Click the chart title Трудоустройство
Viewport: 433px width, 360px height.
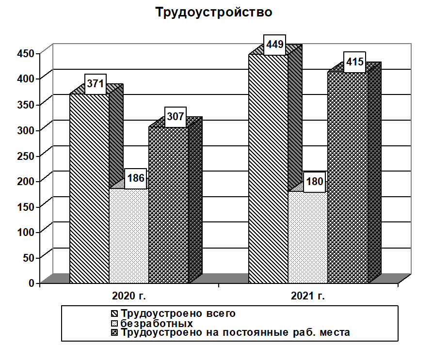click(214, 13)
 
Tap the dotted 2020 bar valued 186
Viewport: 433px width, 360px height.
click(128, 235)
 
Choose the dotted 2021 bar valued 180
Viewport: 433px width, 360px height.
click(308, 237)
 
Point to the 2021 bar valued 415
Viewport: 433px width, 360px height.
click(347, 177)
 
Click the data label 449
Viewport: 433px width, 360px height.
click(274, 45)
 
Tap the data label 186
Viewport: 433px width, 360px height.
click(135, 178)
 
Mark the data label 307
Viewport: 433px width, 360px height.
click(176, 117)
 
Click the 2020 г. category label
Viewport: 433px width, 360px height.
click(129, 296)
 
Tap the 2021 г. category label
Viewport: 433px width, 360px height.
click(308, 296)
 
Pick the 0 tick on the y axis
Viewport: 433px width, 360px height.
click(32, 282)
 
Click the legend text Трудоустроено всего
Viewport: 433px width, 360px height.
click(178, 313)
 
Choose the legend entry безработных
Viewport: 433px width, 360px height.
click(157, 323)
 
